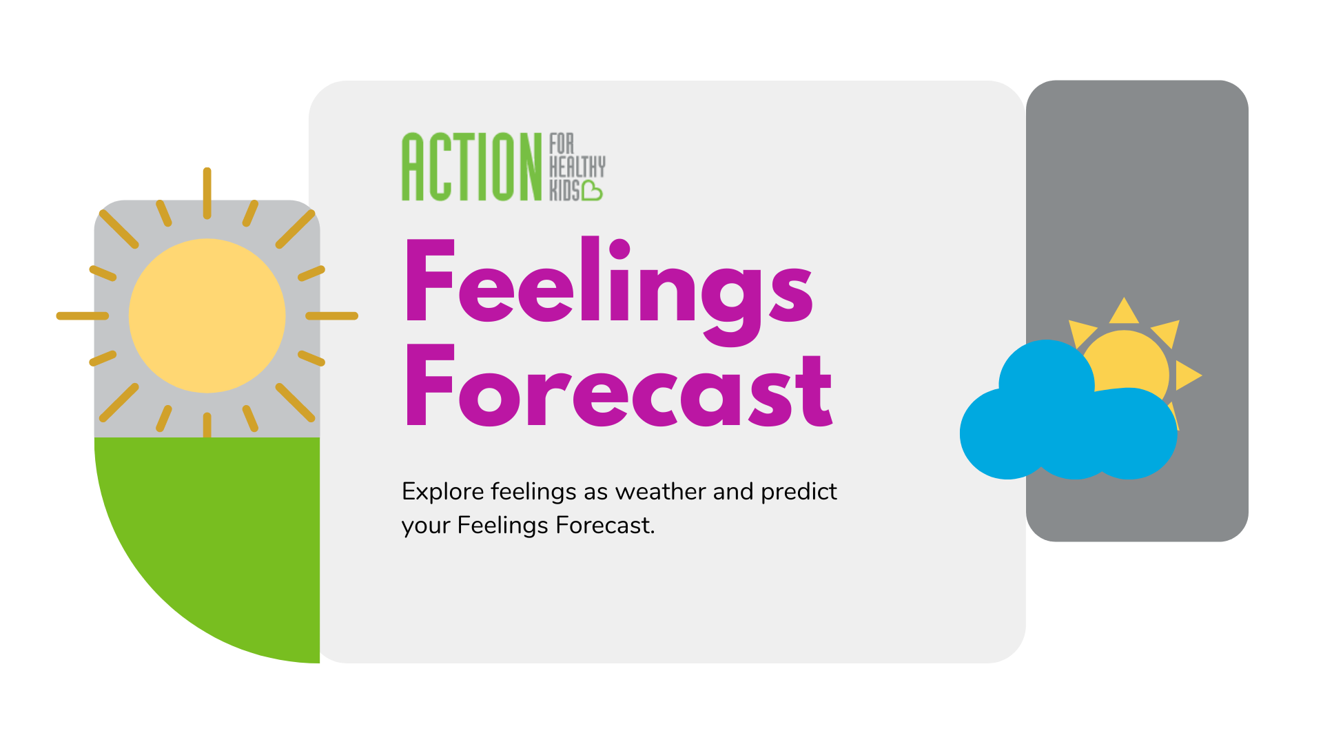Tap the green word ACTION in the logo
pos(472,167)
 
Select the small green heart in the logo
pos(592,191)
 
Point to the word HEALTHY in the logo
pos(577,167)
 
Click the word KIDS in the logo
pos(564,191)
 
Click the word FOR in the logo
pos(562,143)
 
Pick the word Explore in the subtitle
pos(442,492)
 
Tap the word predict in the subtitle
pos(799,492)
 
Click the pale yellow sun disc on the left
pos(207,316)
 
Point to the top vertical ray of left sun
pos(207,193)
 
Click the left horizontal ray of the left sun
pos(83,316)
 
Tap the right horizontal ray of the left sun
pos(331,316)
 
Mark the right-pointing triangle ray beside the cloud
pos(1187,375)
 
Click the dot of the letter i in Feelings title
pos(619,249)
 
